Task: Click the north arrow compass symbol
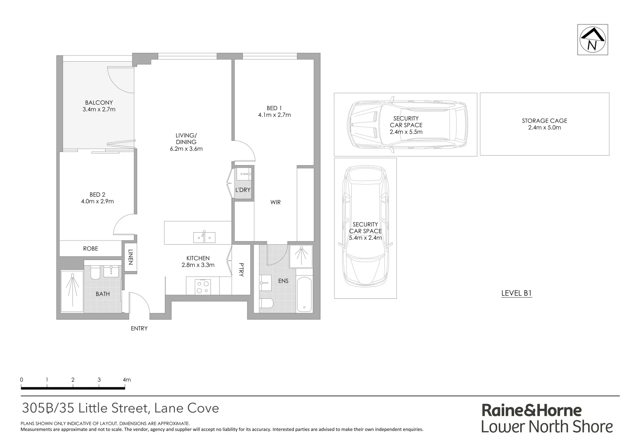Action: [x=593, y=40]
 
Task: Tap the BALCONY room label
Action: [x=99, y=103]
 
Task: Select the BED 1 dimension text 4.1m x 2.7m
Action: [x=274, y=115]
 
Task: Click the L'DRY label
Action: [x=243, y=190]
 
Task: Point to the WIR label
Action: [x=275, y=202]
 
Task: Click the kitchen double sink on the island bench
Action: [x=204, y=237]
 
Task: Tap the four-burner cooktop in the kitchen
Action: [x=203, y=286]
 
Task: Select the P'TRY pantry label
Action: [x=241, y=270]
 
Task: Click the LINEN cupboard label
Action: [x=130, y=257]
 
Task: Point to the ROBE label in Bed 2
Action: [x=90, y=248]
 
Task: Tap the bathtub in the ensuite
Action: [x=304, y=294]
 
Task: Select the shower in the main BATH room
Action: [x=72, y=291]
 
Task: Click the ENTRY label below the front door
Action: [x=139, y=329]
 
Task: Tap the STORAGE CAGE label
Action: [x=544, y=121]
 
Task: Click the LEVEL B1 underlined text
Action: [x=516, y=293]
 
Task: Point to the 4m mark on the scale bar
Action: [x=126, y=380]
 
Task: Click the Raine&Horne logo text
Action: [x=532, y=410]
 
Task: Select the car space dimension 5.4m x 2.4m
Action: [x=365, y=238]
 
